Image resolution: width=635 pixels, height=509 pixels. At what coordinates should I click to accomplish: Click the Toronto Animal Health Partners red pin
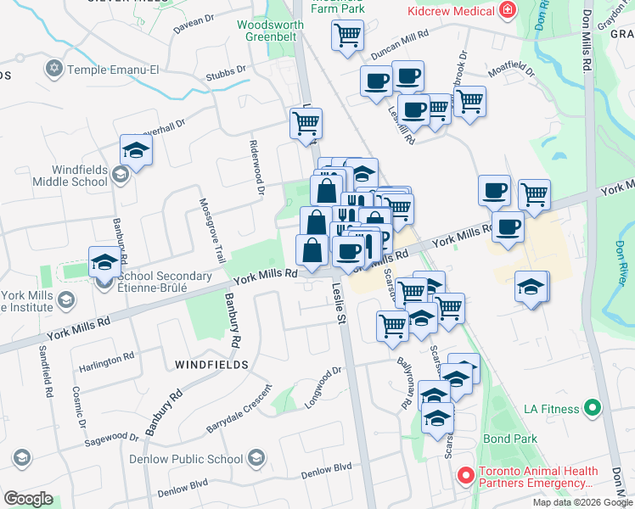(464, 476)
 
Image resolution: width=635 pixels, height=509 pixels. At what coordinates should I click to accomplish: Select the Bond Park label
(510, 439)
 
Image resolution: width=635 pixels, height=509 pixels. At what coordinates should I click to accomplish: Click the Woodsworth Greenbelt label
(270, 31)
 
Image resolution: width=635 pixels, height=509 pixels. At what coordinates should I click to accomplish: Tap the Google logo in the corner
(28, 499)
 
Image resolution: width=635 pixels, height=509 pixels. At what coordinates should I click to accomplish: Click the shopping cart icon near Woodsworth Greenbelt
(346, 36)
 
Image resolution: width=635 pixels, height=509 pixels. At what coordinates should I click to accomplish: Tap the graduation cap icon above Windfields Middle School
(136, 151)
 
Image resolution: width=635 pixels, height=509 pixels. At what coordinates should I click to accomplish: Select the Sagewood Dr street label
(110, 439)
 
